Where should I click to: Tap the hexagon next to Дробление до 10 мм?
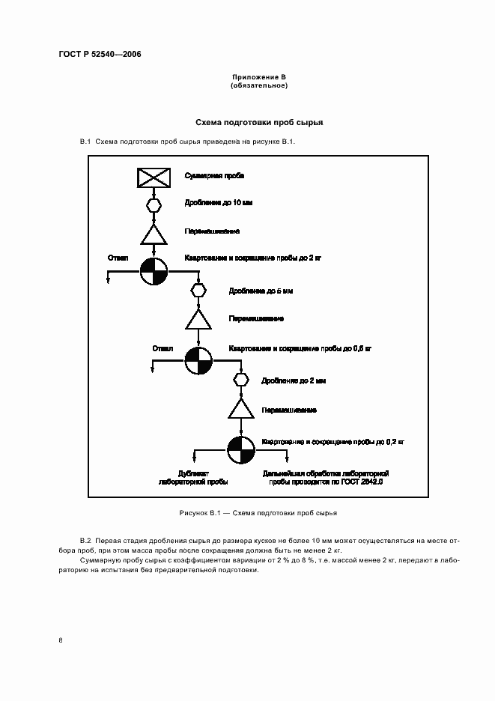(x=153, y=203)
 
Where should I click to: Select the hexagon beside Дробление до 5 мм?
(x=198, y=289)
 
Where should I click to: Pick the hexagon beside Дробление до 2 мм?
(x=241, y=380)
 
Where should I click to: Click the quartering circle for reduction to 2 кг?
(x=153, y=271)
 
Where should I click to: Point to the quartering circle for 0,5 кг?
(x=198, y=361)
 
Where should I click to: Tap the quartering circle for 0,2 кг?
(x=241, y=452)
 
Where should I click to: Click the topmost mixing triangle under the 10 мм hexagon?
(x=153, y=234)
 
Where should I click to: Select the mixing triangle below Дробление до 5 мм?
(x=198, y=320)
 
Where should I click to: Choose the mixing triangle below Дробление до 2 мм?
(x=241, y=410)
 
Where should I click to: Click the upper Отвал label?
(x=118, y=258)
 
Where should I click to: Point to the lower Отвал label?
(x=163, y=348)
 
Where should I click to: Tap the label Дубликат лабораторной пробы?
(x=193, y=478)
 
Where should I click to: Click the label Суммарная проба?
(x=215, y=176)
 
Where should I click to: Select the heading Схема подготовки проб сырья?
(x=258, y=121)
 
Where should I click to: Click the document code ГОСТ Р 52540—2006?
(x=100, y=55)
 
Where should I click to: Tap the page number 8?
(x=60, y=640)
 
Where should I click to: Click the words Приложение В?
(x=258, y=77)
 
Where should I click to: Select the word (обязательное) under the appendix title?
(x=258, y=85)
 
